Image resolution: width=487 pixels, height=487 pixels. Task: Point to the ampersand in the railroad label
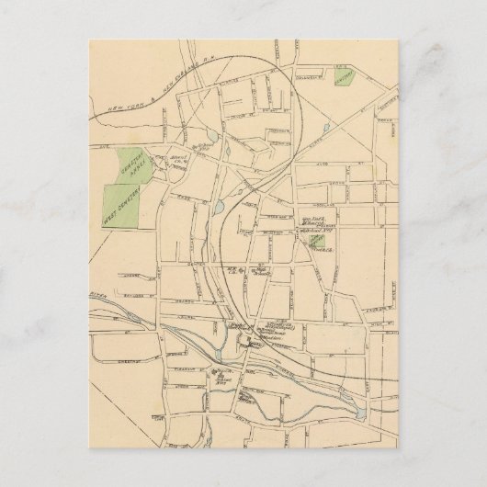[x=145, y=103]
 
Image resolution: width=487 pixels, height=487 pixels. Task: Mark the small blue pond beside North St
[x=212, y=137]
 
